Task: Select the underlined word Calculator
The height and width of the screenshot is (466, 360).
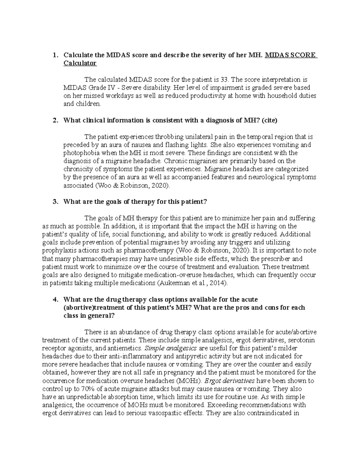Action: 80,63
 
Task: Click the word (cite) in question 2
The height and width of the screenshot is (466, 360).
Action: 269,121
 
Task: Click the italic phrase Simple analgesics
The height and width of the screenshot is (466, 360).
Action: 171,348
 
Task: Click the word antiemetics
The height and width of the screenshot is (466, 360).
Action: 127,348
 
